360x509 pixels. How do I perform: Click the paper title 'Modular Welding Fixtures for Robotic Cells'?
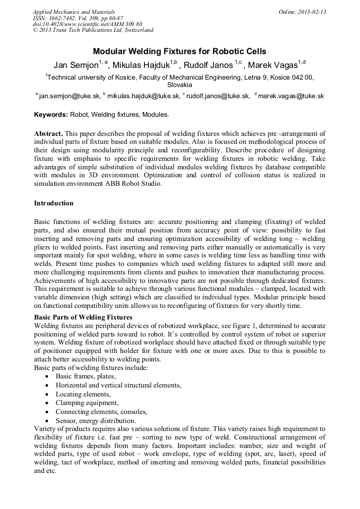point(179,51)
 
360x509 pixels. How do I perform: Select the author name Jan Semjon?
point(76,65)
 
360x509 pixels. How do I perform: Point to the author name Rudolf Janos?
point(211,65)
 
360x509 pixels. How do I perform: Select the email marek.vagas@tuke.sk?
point(290,96)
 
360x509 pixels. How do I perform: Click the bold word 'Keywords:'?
point(51,115)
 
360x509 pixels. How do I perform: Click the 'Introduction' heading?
point(54,203)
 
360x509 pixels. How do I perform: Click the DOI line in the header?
point(88,24)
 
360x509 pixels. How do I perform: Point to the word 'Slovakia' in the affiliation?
point(179,84)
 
